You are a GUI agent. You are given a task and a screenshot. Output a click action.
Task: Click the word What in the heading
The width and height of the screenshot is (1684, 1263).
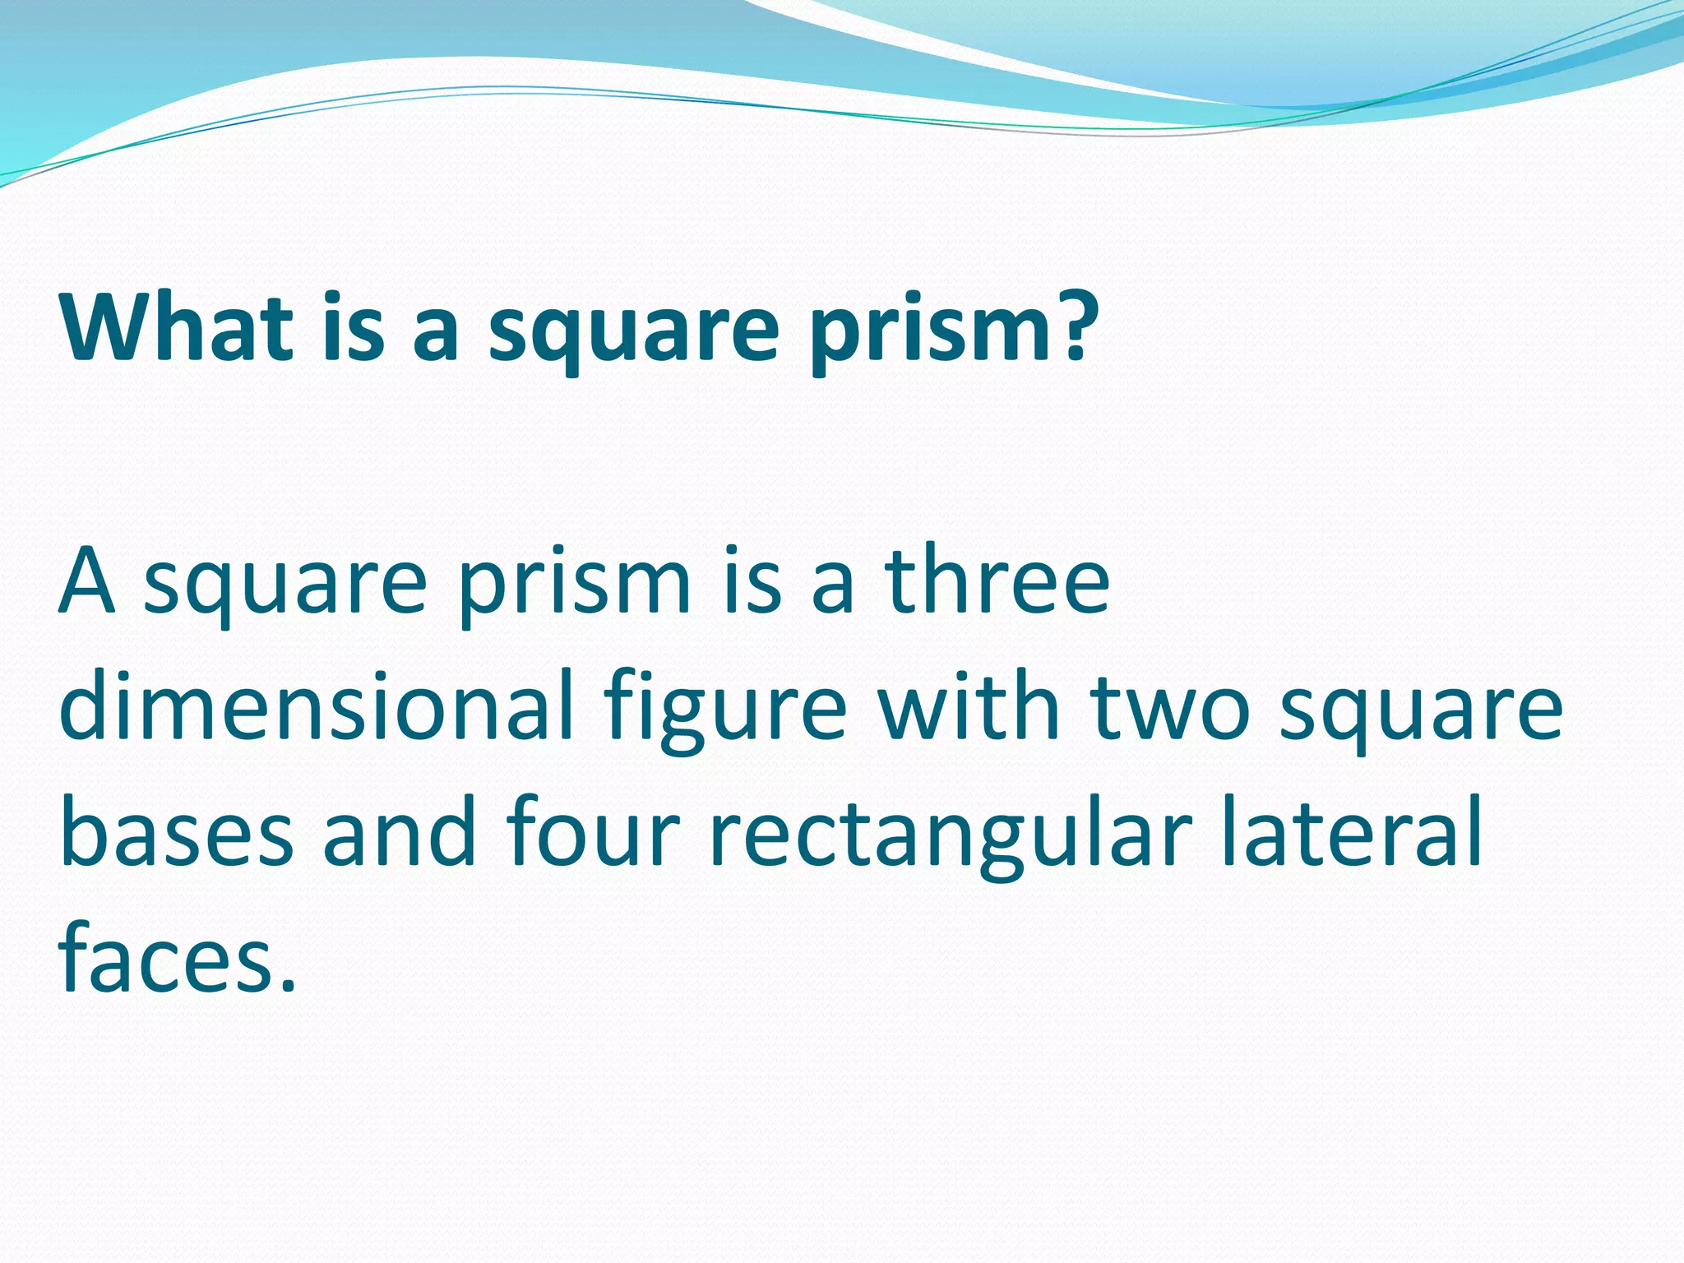pyautogui.click(x=176, y=326)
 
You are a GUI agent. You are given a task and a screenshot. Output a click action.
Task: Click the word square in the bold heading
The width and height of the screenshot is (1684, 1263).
pyautogui.click(x=633, y=333)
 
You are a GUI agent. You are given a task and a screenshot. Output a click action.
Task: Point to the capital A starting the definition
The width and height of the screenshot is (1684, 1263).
pyautogui.click(x=86, y=581)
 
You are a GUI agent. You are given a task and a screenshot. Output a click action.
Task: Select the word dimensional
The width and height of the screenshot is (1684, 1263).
pyautogui.click(x=316, y=706)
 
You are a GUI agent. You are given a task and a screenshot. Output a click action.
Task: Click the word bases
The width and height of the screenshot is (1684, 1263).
pyautogui.click(x=176, y=833)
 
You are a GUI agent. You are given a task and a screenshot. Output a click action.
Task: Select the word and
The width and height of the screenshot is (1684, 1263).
pyautogui.click(x=400, y=833)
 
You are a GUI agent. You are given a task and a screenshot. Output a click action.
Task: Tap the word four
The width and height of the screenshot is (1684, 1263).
pyautogui.click(x=593, y=833)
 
